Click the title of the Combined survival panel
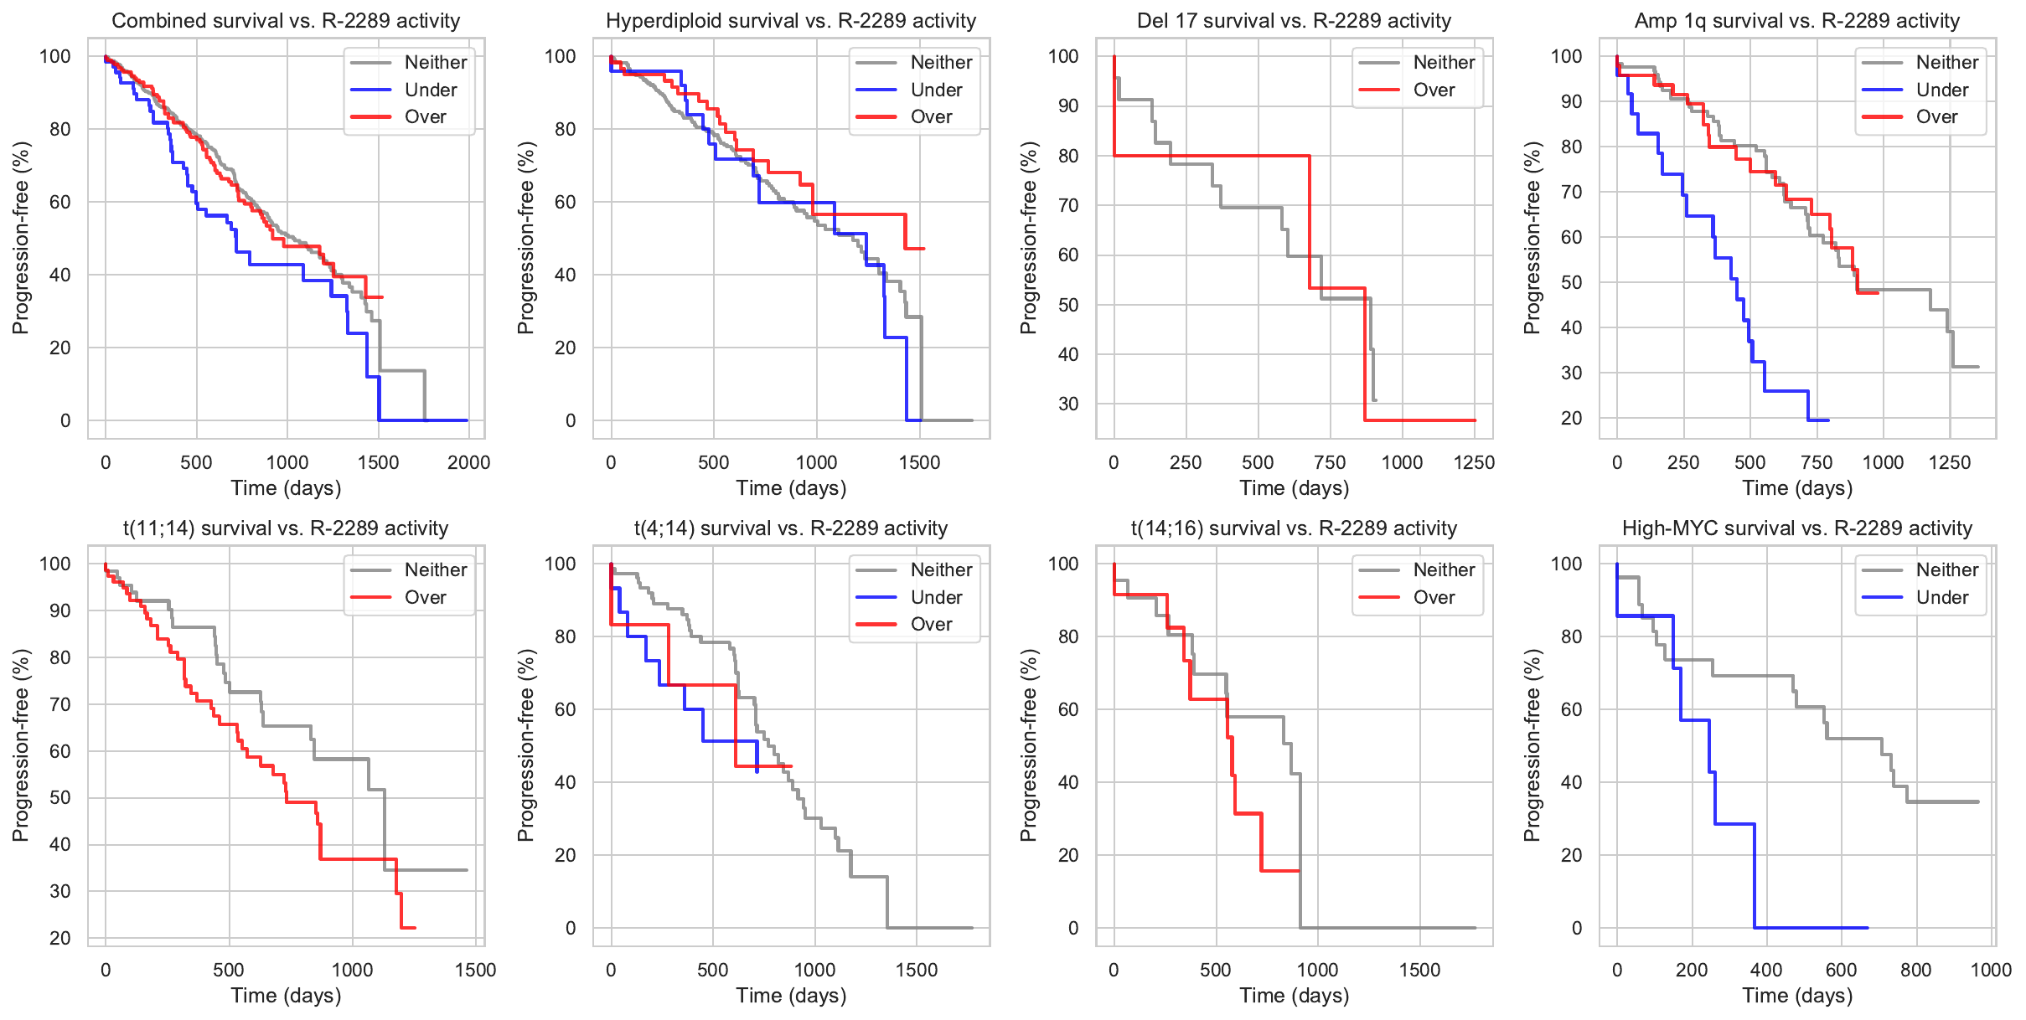(286, 21)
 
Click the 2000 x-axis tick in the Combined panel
(468, 462)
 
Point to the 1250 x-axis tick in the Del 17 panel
(1474, 462)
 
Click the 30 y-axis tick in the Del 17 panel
(1068, 404)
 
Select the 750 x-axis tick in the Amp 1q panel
(1817, 462)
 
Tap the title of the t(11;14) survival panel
(286, 528)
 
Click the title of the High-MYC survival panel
(1797, 528)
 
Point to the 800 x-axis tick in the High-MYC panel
(1915, 970)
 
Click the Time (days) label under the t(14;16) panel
(1295, 996)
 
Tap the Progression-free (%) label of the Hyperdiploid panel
(525, 238)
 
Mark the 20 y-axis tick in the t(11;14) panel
(60, 938)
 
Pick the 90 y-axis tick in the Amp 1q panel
(1567, 101)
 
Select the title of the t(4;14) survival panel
(791, 528)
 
